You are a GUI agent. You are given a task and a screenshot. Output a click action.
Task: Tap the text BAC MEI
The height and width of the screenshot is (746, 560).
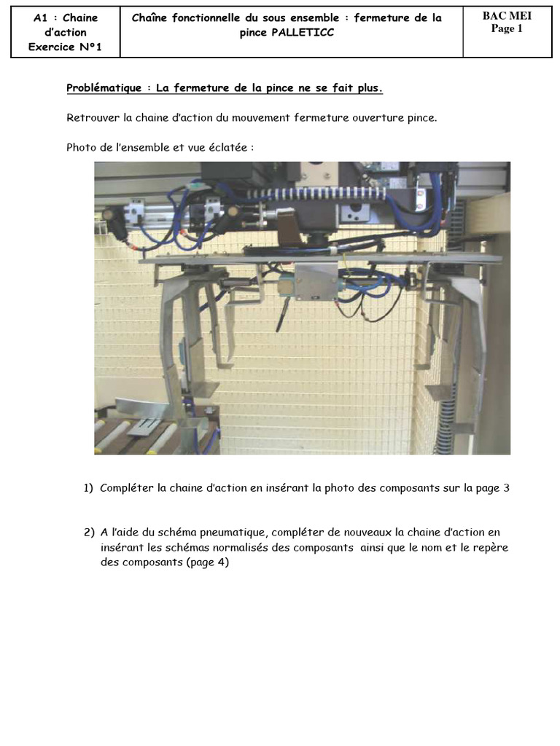click(x=507, y=16)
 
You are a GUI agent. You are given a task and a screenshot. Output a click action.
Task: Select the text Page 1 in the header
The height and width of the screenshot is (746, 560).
click(x=507, y=28)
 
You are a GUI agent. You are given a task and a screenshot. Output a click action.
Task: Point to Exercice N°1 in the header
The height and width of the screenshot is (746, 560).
click(x=65, y=47)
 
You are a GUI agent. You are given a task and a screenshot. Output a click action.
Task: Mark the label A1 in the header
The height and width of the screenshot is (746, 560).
click(x=42, y=17)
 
